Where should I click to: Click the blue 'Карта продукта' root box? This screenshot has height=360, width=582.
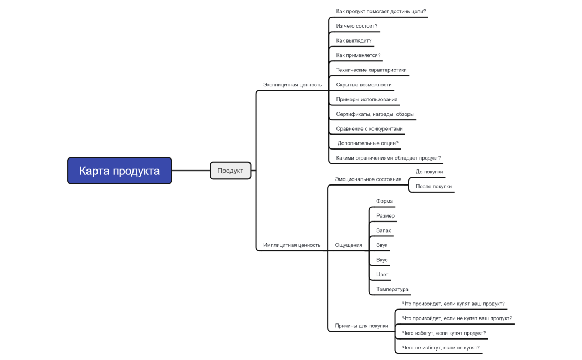click(119, 171)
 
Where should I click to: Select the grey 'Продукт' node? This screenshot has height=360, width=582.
click(230, 171)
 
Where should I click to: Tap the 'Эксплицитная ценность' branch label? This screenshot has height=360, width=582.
click(292, 85)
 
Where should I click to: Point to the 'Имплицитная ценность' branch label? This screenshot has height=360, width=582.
click(292, 245)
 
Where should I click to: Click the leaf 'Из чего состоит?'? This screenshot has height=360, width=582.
click(356, 26)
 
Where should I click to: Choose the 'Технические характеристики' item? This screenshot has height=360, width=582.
click(371, 70)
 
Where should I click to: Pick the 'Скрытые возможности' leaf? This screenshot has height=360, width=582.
click(364, 85)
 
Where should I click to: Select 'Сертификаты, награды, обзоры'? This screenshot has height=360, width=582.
click(375, 114)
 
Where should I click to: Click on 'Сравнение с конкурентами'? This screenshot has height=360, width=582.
click(369, 129)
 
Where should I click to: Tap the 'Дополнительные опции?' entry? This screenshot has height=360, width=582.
click(368, 143)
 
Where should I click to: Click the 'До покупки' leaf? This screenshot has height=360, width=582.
click(429, 172)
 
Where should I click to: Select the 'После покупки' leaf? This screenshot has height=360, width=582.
click(433, 187)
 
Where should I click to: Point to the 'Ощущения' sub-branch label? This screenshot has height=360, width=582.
click(349, 245)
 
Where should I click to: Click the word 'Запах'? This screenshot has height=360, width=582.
click(384, 230)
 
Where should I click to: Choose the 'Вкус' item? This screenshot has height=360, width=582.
click(382, 260)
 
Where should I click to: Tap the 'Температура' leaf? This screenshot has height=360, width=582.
click(392, 289)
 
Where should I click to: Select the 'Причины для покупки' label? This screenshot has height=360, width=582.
click(361, 326)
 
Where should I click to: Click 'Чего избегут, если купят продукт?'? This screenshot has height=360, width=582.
click(444, 333)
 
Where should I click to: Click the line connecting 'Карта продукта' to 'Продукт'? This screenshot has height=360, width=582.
click(191, 171)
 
